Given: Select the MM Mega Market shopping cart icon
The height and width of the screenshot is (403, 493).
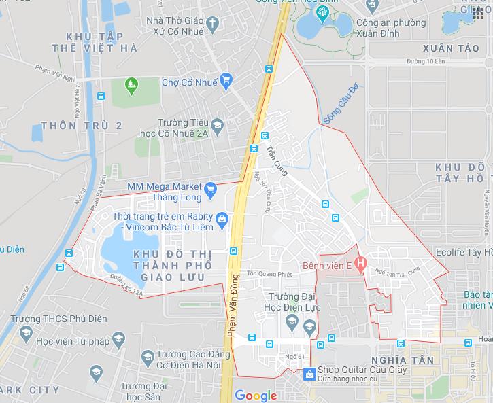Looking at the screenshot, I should (x=210, y=188).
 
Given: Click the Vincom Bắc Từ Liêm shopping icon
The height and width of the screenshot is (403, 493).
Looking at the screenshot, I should (x=221, y=218).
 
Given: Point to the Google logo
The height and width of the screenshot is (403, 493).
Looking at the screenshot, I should (x=256, y=396).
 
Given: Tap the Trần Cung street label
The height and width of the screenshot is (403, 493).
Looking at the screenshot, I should (x=277, y=160).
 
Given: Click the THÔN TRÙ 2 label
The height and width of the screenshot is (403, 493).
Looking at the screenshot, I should (x=82, y=126).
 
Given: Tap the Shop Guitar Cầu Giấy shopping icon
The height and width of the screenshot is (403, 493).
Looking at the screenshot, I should (x=309, y=373).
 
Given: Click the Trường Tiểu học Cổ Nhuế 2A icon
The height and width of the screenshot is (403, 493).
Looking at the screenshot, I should (x=217, y=126).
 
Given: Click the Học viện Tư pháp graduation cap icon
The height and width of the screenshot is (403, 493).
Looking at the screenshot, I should (x=118, y=339).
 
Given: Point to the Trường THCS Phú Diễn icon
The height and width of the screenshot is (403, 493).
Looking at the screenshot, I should (x=26, y=332).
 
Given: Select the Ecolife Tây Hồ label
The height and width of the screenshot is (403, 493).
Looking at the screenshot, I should (x=468, y=251).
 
